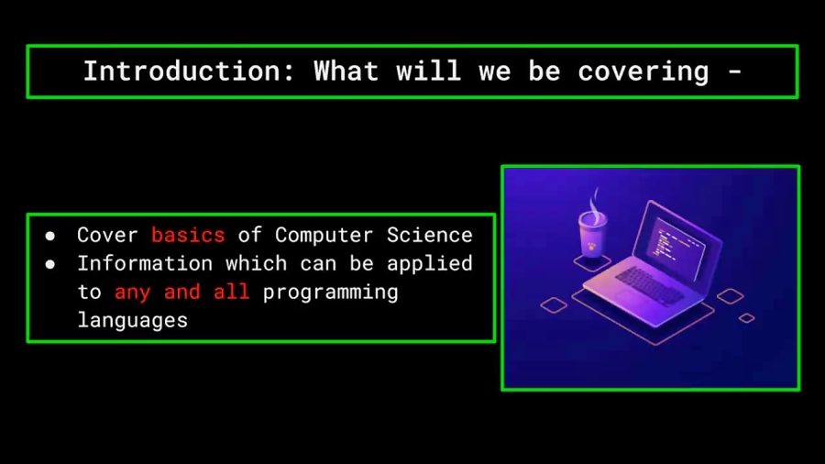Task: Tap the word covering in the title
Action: click(x=643, y=72)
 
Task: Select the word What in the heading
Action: click(x=346, y=72)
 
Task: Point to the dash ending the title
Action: click(x=733, y=72)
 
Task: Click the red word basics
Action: click(x=188, y=235)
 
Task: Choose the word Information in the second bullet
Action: click(x=145, y=263)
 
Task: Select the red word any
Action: click(x=133, y=292)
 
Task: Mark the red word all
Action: click(x=231, y=292)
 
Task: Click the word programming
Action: click(x=330, y=292)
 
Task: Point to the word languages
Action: click(x=132, y=320)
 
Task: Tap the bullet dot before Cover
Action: click(x=50, y=236)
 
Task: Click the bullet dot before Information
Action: click(x=50, y=264)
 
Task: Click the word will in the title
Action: click(x=428, y=72)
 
